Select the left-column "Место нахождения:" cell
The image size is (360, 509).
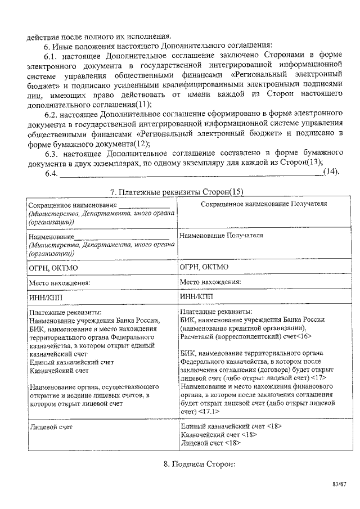pyautogui.click(x=60, y=282)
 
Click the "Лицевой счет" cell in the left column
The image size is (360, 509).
pyautogui.click(x=51, y=426)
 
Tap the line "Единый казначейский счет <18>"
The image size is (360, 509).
pyautogui.click(x=231, y=426)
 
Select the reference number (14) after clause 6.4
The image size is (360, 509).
pyautogui.click(x=331, y=172)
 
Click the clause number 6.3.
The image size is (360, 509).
pyautogui.click(x=52, y=152)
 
